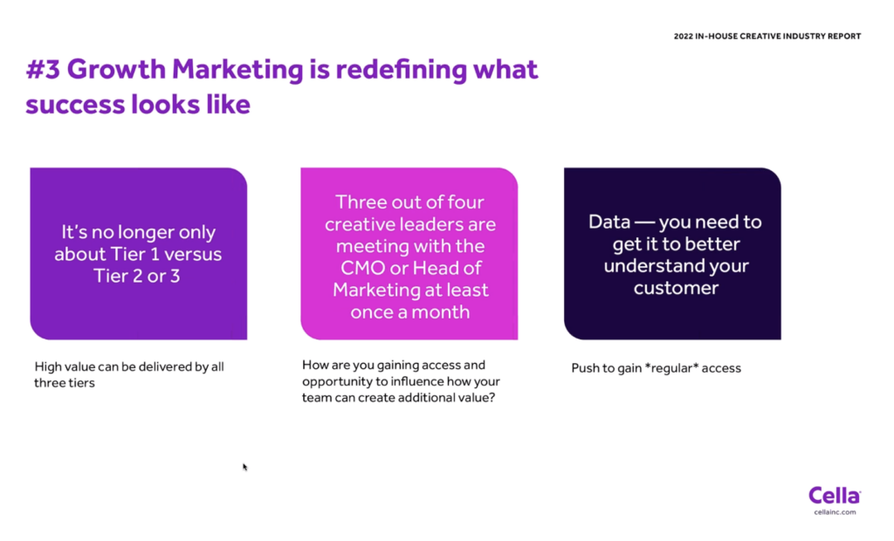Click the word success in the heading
[x=75, y=105]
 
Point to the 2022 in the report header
[x=683, y=36]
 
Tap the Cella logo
[x=835, y=496]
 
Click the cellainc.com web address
[x=835, y=512]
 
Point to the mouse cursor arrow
[x=244, y=467]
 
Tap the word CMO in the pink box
[x=362, y=268]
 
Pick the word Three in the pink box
[x=357, y=202]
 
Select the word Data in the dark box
[x=609, y=221]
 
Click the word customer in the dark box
[x=676, y=288]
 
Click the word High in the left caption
[x=48, y=367]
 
